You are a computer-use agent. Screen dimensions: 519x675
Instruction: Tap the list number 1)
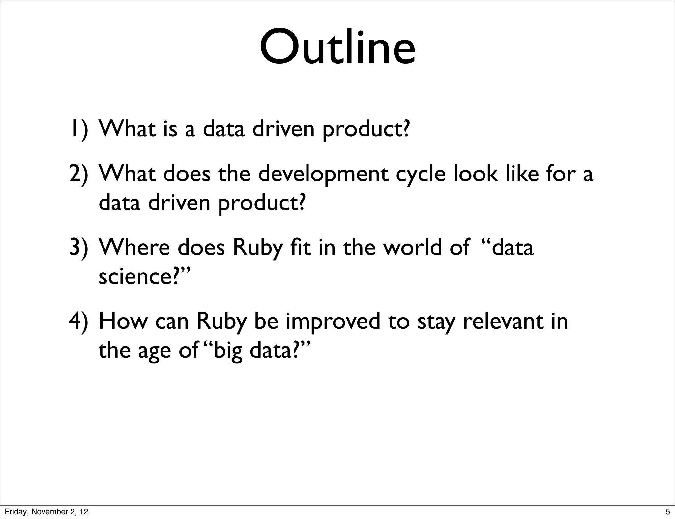click(79, 129)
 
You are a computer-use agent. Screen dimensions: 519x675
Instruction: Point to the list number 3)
click(79, 248)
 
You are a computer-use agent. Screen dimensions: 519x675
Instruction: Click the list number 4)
click(79, 321)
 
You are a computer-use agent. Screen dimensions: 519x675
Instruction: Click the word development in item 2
click(323, 175)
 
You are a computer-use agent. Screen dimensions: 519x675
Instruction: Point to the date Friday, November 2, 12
click(46, 512)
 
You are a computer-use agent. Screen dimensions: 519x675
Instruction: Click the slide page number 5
click(668, 512)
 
